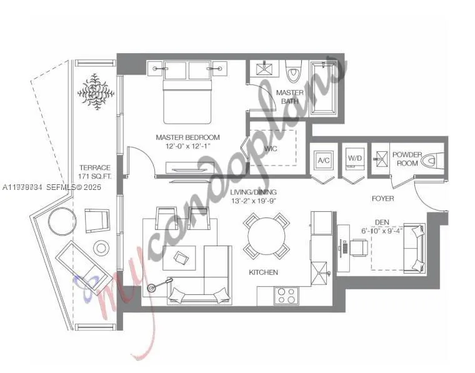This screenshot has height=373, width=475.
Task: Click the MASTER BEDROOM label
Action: pyautogui.click(x=187, y=137)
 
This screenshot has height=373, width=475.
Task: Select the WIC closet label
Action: pyautogui.click(x=271, y=149)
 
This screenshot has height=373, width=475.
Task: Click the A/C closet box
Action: pyautogui.click(x=324, y=161)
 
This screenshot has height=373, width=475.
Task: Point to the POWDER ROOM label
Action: pyautogui.click(x=407, y=159)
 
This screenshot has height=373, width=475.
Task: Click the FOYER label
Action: pyautogui.click(x=382, y=199)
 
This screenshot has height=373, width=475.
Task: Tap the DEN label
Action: pyautogui.click(x=382, y=221)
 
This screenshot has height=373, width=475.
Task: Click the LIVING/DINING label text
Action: pyautogui.click(x=253, y=192)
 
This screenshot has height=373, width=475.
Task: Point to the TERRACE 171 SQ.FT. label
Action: pyautogui.click(x=94, y=172)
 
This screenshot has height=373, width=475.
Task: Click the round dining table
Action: pyautogui.click(x=266, y=236)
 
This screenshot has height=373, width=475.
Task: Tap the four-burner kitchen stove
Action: pyautogui.click(x=287, y=295)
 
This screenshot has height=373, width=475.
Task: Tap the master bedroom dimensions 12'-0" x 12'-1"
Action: pyautogui.click(x=187, y=146)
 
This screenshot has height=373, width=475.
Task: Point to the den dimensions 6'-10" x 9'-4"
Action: pyautogui.click(x=382, y=231)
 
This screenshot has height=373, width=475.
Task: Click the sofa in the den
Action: pyautogui.click(x=414, y=247)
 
